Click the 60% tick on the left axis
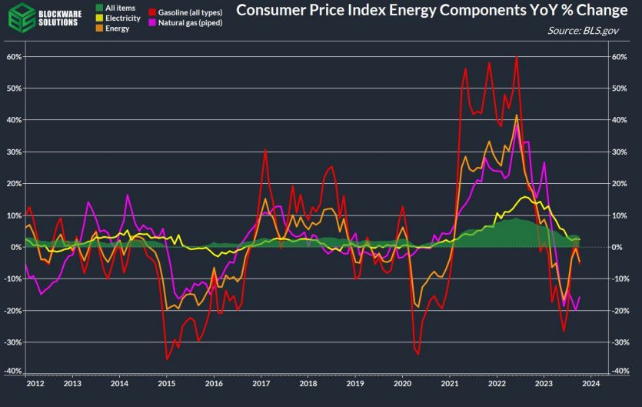(12, 57)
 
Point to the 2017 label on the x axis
(261, 383)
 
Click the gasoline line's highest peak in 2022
(517, 57)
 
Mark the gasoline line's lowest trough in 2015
(168, 359)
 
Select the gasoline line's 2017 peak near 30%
(265, 149)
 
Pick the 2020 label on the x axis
(402, 383)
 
